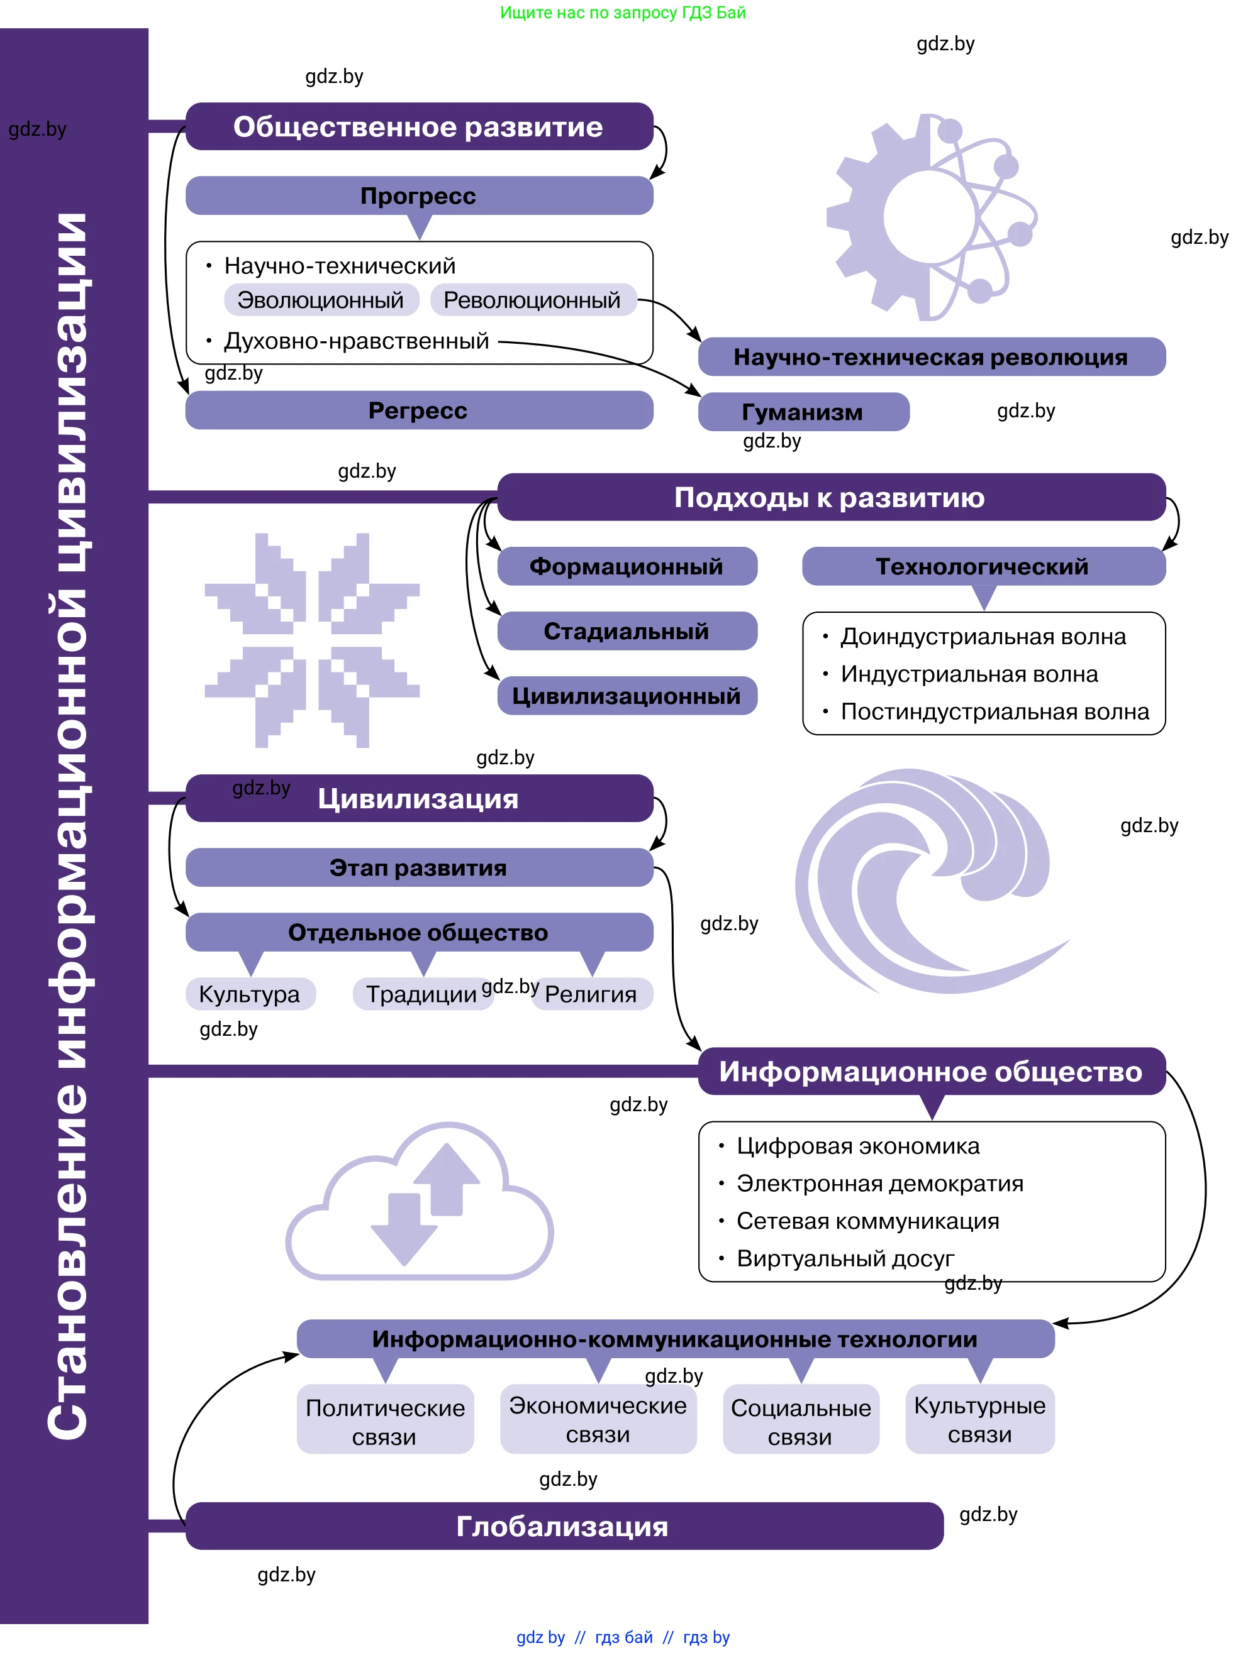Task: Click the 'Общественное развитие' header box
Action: coord(419,127)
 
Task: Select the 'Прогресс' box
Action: coord(419,196)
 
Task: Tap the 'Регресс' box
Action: coord(419,410)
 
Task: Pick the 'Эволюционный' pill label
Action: coord(321,300)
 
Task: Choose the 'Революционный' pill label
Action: coord(532,300)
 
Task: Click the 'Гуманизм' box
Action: coord(803,412)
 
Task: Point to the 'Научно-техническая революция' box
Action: coord(931,357)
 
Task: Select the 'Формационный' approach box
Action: coord(627,566)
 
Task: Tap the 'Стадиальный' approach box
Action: coord(627,632)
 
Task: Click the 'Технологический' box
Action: coord(983,566)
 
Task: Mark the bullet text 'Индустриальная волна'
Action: coord(969,674)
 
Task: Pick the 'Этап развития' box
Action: coord(419,867)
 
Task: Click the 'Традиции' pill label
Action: coord(421,994)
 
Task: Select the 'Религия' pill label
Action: coord(591,994)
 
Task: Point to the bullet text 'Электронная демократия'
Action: coord(880,1183)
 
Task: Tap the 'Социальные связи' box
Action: coord(801,1421)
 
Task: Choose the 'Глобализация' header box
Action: coord(563,1526)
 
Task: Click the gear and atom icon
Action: coord(932,217)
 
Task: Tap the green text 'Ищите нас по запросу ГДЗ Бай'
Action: coord(623,13)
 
